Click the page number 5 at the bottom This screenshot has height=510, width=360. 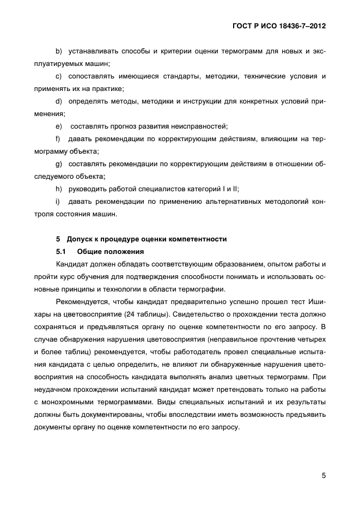pyautogui.click(x=324, y=475)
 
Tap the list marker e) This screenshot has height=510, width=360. pyautogui.click(x=59, y=126)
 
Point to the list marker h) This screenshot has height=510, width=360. pyautogui.click(x=59, y=189)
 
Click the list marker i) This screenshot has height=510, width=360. pyautogui.click(x=58, y=202)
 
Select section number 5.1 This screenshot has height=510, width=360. pyautogui.click(x=61, y=252)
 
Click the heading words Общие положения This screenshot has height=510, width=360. pyautogui.click(x=111, y=252)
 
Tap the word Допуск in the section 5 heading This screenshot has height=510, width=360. pyautogui.click(x=81, y=239)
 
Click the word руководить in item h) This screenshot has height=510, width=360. pyautogui.click(x=88, y=189)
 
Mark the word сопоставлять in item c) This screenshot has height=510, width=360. pyautogui.click(x=93, y=76)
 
